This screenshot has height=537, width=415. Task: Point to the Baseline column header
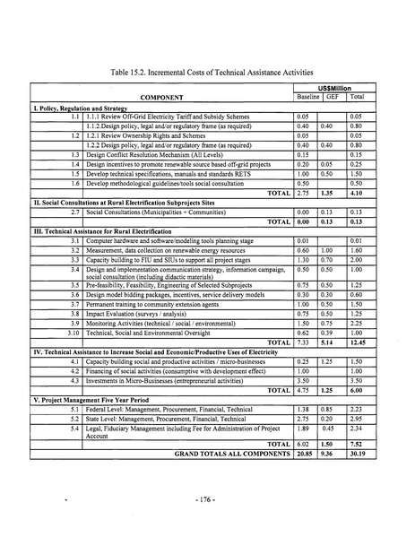(307, 96)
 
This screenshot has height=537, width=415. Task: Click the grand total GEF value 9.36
(330, 454)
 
